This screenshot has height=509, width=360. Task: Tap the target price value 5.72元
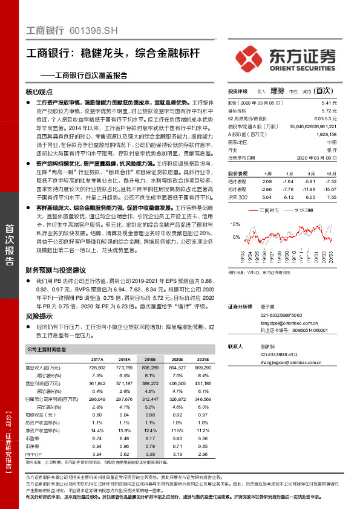[x=329, y=111]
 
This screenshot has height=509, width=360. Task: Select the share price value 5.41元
[x=329, y=103]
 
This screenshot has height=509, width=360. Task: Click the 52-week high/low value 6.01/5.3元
[x=326, y=118]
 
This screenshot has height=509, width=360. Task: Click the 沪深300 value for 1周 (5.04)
[x=267, y=197]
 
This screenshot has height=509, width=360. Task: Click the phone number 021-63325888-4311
[x=283, y=354]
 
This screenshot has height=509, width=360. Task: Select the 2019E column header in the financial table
[x=150, y=359]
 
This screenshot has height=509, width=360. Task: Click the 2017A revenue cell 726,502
[x=97, y=367]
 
